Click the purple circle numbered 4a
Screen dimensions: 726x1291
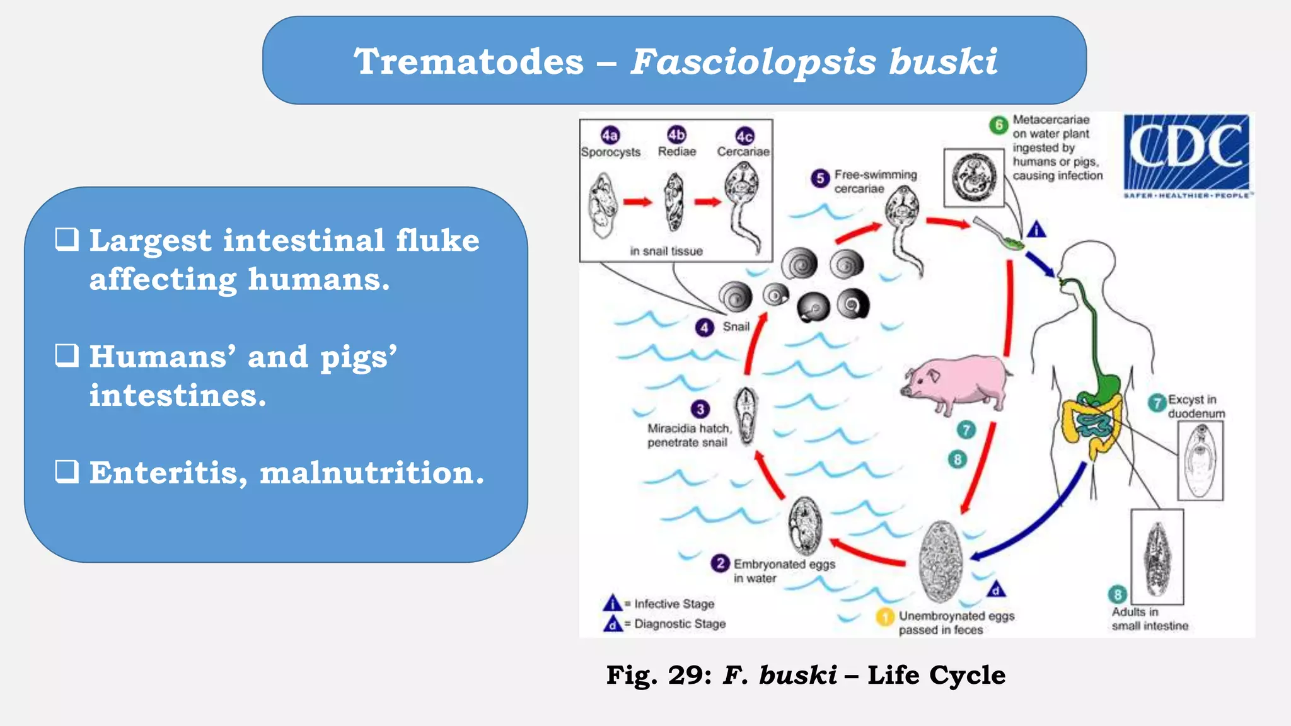(x=610, y=135)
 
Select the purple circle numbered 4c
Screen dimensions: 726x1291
(x=744, y=136)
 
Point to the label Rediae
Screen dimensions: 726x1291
(x=676, y=152)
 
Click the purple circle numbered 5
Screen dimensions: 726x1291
(x=819, y=178)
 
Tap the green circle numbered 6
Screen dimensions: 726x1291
(x=998, y=125)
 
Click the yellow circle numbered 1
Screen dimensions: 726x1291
(x=885, y=616)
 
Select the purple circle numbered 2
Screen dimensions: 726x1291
(x=720, y=563)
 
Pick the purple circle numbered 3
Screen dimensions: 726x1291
(x=700, y=409)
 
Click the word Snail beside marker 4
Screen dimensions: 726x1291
(x=736, y=326)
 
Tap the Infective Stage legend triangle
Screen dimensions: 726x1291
(x=612, y=603)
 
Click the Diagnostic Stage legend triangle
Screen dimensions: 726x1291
(x=612, y=623)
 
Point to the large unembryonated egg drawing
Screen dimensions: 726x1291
(x=941, y=561)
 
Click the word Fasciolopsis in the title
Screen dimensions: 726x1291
(x=753, y=62)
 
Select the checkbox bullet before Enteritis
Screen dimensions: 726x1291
(x=67, y=471)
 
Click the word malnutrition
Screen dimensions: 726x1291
(x=372, y=473)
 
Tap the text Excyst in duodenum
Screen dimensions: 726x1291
(x=1195, y=406)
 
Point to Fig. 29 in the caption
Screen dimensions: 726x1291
(x=659, y=675)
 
